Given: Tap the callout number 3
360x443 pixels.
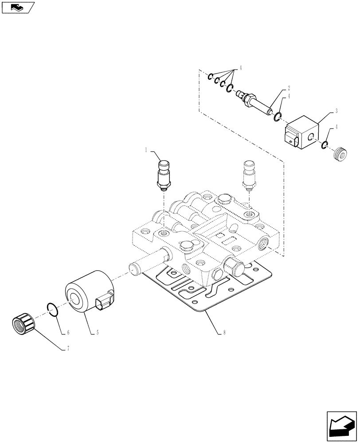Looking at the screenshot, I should (337, 110).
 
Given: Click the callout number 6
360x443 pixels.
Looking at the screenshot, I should (68, 332).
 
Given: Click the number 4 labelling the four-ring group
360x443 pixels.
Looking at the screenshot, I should (241, 67).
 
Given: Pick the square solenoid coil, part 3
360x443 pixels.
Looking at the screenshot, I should (302, 132).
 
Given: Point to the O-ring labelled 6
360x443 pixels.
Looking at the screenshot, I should (52, 309).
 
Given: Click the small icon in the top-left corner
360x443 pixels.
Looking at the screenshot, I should (17, 7).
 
